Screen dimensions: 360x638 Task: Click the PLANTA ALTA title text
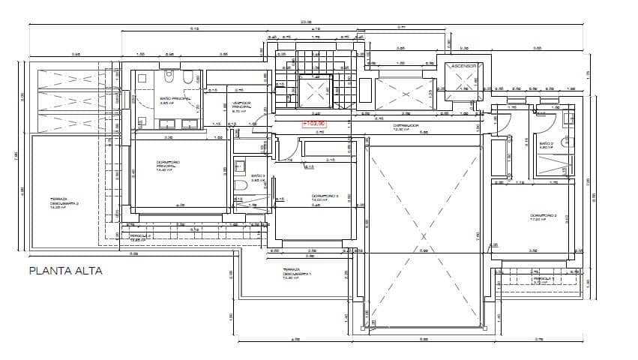pos(65,271)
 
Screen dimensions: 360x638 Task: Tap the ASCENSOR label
pos(463,67)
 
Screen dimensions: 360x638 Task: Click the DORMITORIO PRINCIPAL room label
pos(166,166)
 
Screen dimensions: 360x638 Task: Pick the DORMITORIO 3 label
pos(325,198)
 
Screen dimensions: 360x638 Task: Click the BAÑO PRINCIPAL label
pos(175,100)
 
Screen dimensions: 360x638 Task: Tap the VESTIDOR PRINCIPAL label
pos(241,105)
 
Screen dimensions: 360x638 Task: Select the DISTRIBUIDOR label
pos(406,127)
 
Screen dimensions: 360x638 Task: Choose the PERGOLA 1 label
pos(543,279)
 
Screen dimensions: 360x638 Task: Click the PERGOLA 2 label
pos(140,236)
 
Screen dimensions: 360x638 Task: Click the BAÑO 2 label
pos(546,145)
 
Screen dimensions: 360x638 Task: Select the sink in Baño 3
pos(239,165)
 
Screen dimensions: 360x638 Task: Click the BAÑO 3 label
pos(258,177)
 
